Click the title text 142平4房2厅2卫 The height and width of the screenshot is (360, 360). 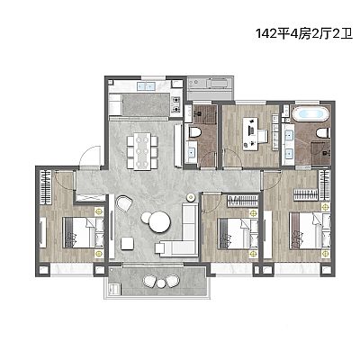304,33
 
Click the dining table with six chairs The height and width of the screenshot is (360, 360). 142,151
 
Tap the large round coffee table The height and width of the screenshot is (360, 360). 159,222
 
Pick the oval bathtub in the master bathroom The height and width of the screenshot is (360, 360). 310,114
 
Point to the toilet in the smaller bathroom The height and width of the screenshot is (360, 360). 193,132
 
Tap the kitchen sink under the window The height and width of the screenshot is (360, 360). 146,86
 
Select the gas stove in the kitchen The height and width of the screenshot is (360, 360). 176,104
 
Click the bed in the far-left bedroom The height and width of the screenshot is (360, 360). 83,233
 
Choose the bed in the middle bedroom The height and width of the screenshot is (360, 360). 238,234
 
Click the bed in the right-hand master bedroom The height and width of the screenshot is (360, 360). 310,230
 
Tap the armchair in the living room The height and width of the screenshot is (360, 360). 124,203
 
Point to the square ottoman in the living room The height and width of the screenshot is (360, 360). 128,243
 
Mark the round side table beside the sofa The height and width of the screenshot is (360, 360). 191,197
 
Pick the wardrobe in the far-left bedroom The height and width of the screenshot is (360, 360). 46,187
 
